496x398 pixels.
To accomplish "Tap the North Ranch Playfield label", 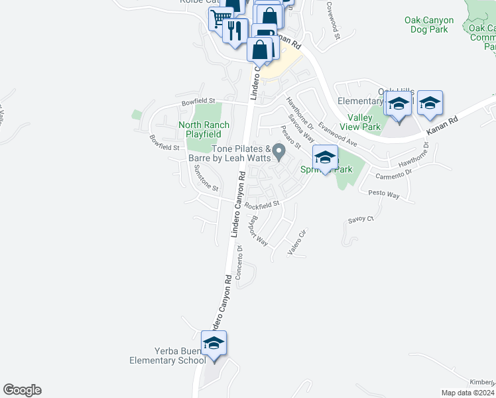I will click(x=204, y=129).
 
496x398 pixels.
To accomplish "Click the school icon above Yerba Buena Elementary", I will click(x=214, y=344).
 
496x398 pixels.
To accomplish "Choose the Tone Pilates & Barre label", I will click(x=241, y=154).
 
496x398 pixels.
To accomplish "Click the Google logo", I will click(x=22, y=390).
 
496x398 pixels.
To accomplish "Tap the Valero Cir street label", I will click(x=298, y=243).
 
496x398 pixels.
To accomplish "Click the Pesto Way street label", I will click(x=384, y=195).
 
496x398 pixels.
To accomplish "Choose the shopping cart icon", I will click(x=218, y=19).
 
